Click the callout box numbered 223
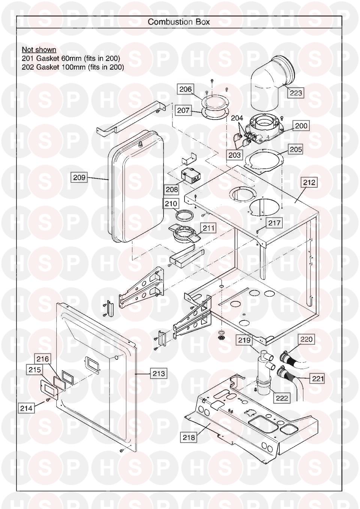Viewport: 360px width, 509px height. click(295, 93)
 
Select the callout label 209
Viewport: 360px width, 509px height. click(79, 177)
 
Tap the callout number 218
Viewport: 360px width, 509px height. click(189, 437)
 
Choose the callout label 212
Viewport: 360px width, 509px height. click(309, 183)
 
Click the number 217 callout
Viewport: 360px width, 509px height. click(274, 223)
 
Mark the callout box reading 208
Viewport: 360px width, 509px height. click(172, 189)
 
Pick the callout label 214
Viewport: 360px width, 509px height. click(26, 408)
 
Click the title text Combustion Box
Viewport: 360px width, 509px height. click(179, 22)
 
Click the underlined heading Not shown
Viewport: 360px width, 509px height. click(39, 49)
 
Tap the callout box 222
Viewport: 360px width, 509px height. click(281, 398)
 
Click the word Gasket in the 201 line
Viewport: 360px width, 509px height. click(46, 58)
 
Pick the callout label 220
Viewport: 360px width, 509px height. click(306, 339)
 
